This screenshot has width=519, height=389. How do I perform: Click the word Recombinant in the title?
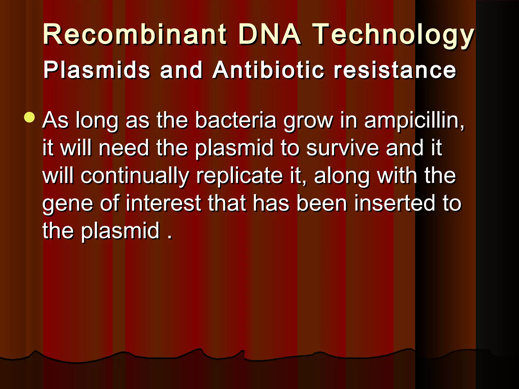coord(135,34)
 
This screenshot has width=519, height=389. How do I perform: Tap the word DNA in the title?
coord(270,34)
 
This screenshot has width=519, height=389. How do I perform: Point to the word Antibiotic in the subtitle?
coord(268,70)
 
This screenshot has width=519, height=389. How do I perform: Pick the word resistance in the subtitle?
coord(395,70)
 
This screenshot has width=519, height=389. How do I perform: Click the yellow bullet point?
coord(30,117)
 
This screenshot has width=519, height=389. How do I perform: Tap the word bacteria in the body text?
coord(235,120)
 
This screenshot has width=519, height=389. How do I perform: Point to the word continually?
coord(135,177)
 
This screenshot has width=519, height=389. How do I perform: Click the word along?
coord(342,177)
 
